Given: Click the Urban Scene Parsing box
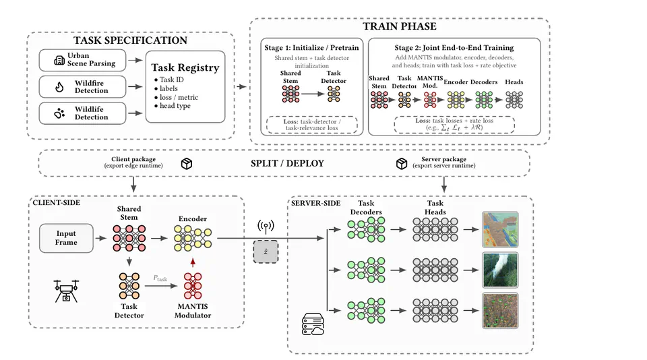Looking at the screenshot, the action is point(82,60).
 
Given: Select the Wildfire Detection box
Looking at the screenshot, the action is point(82,87).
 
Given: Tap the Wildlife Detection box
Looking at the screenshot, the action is point(82,113).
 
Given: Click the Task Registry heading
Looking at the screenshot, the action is point(185,67).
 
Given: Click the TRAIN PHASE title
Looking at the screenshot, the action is point(400,26).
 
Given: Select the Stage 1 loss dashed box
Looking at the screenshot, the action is point(312,125).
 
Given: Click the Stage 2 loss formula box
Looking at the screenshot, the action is point(454,124).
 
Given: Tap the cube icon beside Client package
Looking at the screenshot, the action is point(187,164).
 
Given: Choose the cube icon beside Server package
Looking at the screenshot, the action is point(402,164).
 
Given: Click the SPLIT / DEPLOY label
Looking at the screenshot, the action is point(287,164).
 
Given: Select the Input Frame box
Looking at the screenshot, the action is point(66,238).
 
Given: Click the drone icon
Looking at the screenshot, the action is point(66,291).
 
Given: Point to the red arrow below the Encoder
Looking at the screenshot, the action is point(193,262).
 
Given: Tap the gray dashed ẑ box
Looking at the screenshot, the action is point(266,251).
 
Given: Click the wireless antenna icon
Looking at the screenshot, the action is point(266,227).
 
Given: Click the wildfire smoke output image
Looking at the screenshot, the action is point(500,270).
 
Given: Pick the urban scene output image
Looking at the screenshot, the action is point(500,229).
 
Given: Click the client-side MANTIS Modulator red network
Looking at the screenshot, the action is point(193,286).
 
